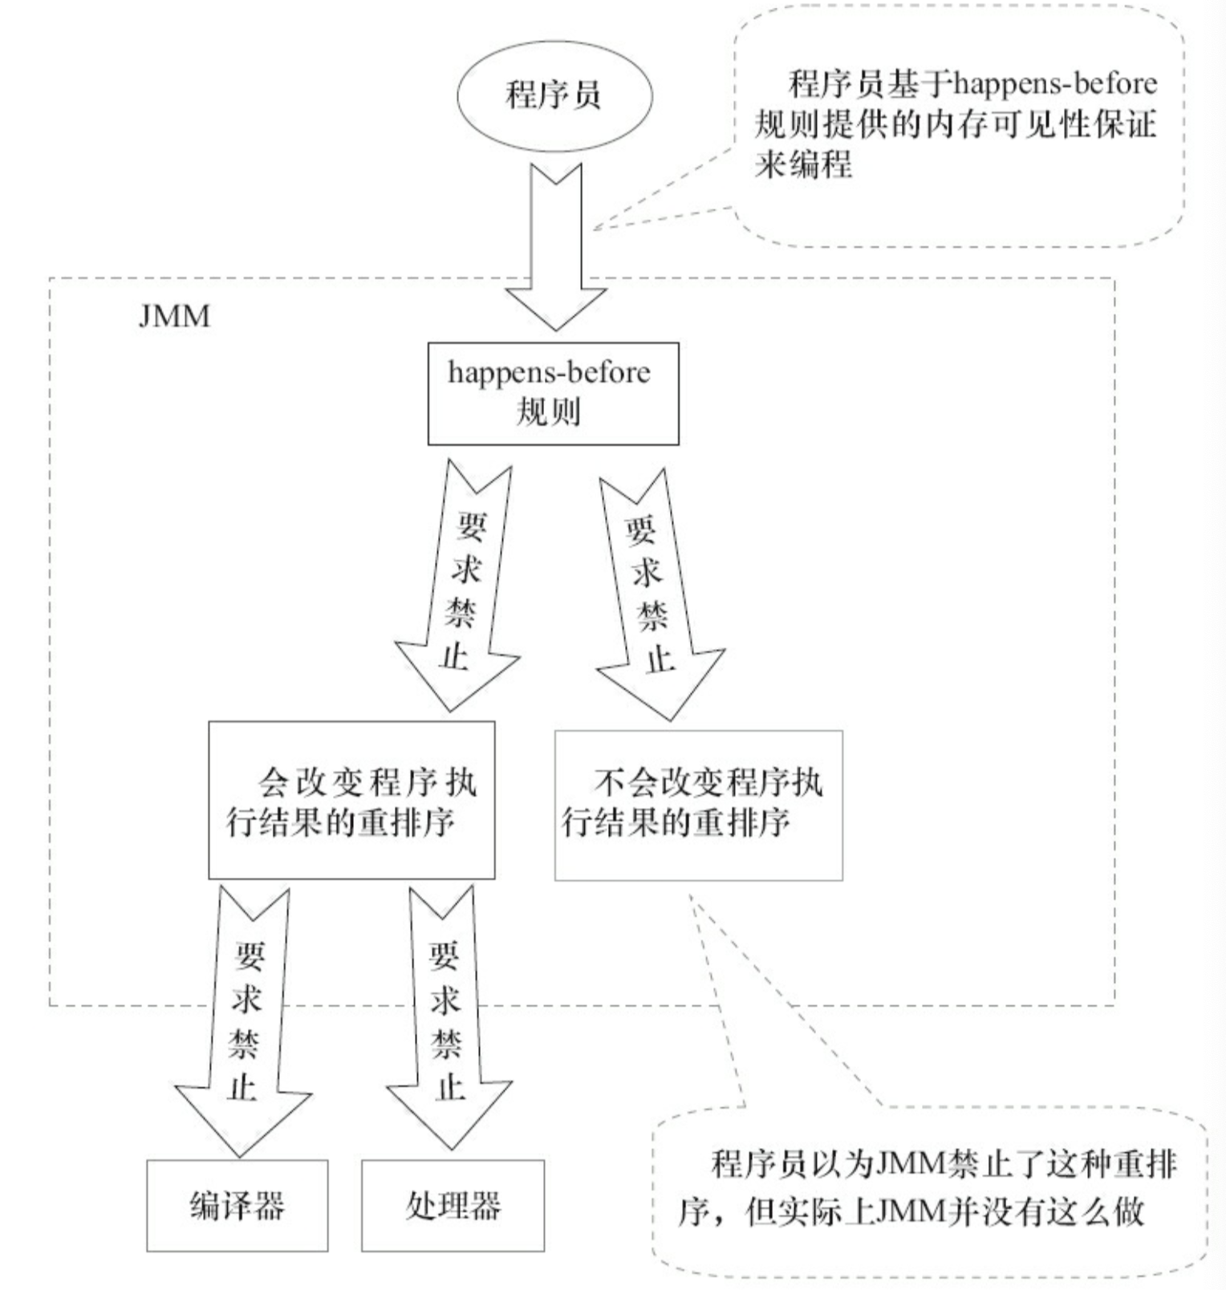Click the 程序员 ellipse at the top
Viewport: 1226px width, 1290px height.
554,95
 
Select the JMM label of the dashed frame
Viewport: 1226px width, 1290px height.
174,316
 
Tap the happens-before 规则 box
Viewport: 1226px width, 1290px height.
553,394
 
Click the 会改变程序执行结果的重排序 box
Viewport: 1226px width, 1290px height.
351,800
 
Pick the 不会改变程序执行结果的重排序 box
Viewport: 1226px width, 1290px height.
699,805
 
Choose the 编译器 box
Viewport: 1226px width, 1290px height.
237,1205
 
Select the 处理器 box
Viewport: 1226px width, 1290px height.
453,1205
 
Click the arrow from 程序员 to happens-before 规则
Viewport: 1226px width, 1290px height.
555,247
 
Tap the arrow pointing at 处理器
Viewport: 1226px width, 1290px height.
448,1019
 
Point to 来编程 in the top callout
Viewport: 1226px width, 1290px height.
803,164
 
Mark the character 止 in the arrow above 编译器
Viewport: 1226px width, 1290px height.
242,1088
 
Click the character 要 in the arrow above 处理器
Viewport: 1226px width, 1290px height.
444,955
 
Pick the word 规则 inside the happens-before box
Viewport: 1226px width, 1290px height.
548,412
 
